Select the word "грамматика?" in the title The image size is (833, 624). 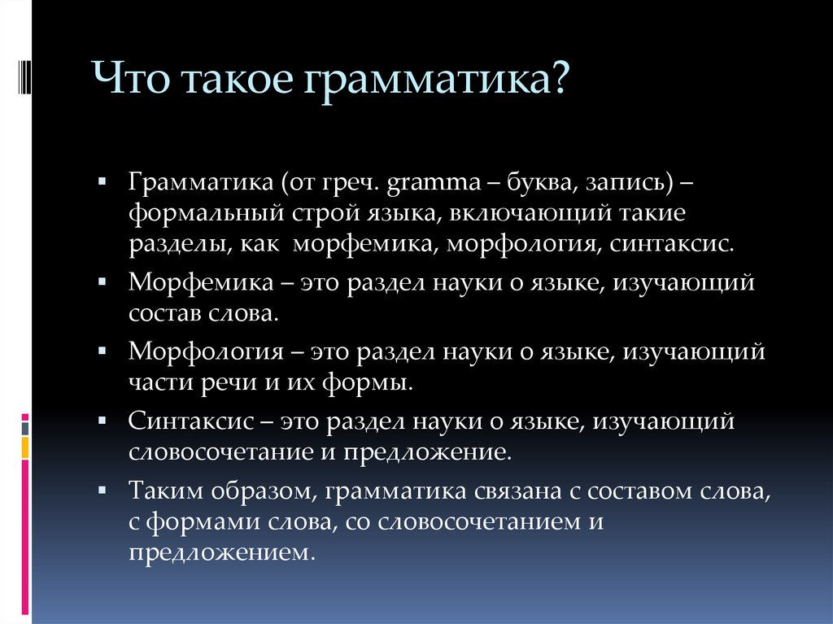click(x=437, y=81)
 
